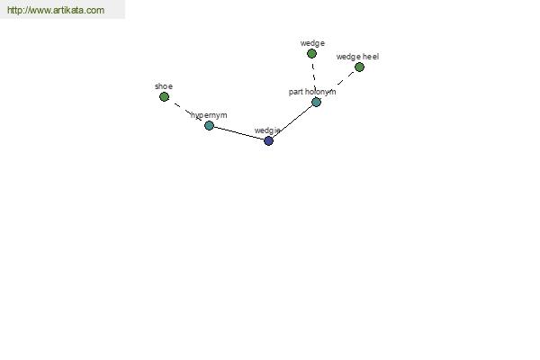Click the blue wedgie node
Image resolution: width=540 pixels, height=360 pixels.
(x=268, y=140)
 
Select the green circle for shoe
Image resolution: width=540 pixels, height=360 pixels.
(x=165, y=97)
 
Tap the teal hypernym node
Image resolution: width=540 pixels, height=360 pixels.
(x=209, y=125)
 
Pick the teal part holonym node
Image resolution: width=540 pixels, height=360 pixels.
(x=316, y=102)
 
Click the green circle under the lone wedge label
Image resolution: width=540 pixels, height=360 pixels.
(x=311, y=54)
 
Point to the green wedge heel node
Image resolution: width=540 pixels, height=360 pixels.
(x=359, y=67)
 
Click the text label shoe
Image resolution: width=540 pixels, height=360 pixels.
(x=164, y=86)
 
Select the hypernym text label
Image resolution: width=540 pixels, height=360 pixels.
(x=209, y=115)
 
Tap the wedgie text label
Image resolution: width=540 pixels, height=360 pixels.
(x=267, y=130)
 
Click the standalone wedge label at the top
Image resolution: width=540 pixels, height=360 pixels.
(x=312, y=43)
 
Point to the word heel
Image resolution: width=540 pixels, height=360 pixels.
(x=371, y=57)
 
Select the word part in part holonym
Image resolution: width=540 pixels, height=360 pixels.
(x=295, y=92)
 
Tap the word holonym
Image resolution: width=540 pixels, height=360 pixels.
(x=320, y=92)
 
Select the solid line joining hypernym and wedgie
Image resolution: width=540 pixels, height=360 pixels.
(x=239, y=133)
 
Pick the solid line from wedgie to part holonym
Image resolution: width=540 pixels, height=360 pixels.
(x=292, y=121)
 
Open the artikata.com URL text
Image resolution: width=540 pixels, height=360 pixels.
(x=56, y=10)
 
